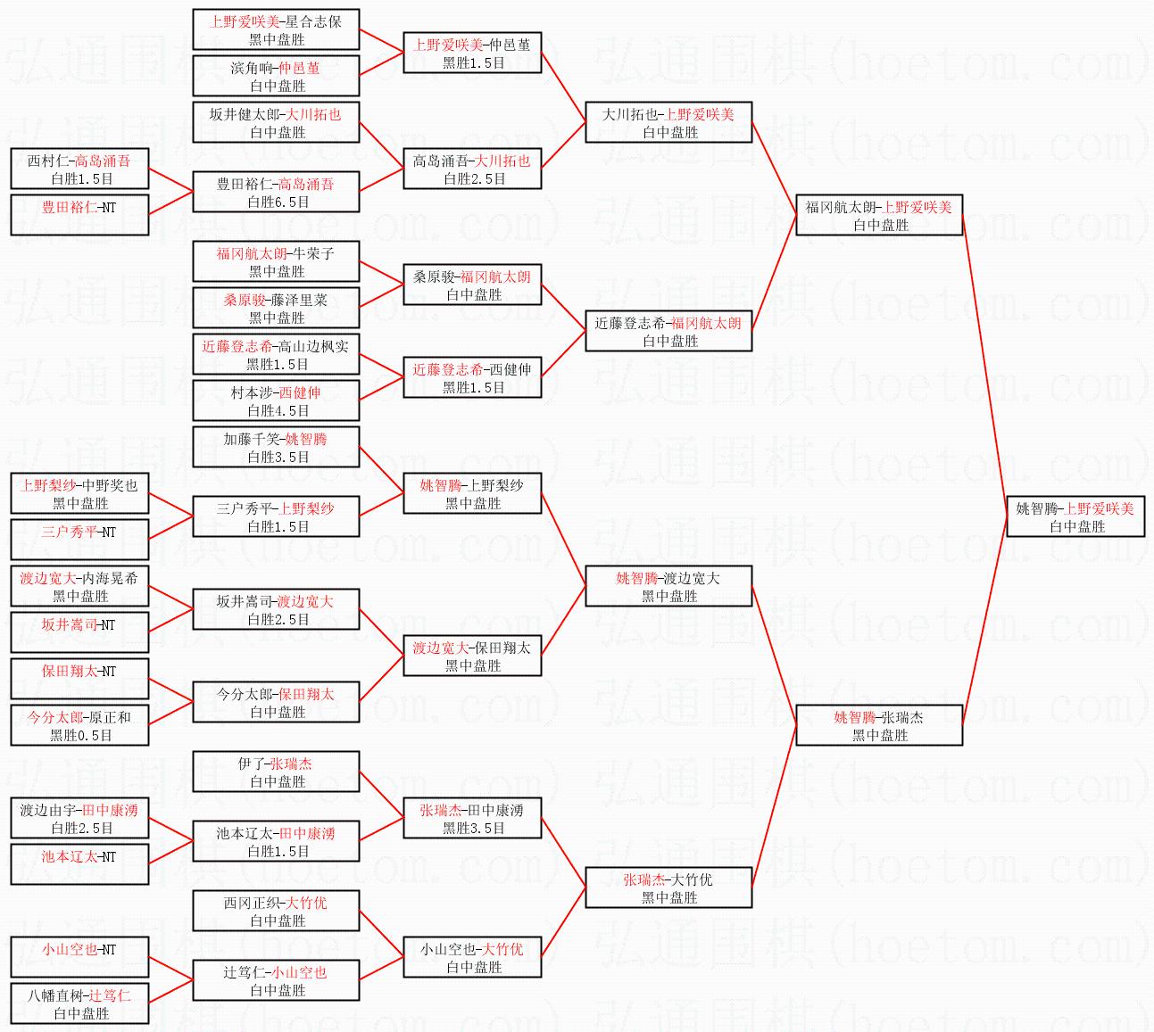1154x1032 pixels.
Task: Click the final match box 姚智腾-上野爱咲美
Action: pos(1075,516)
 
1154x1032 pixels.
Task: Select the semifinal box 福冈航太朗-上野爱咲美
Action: pos(879,215)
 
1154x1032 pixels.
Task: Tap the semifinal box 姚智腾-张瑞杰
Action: pos(879,724)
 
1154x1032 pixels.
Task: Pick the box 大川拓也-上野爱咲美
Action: pos(668,122)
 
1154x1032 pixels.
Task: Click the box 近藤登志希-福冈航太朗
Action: pos(668,331)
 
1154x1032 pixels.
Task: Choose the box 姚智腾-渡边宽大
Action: pos(668,586)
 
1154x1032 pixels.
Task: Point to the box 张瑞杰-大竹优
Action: pos(668,888)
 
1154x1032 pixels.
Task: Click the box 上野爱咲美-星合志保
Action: pos(276,29)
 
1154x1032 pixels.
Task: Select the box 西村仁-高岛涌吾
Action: pos(79,169)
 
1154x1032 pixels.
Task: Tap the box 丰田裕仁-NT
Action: pos(79,215)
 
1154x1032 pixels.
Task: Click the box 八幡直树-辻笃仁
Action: pos(79,1003)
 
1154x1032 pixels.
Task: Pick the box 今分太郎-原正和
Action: pos(79,724)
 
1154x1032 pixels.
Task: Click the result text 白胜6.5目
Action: pos(278,202)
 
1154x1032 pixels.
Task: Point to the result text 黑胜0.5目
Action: pos(81,735)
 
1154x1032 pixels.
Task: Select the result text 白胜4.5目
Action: pos(278,410)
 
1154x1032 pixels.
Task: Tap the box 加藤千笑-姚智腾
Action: pos(276,447)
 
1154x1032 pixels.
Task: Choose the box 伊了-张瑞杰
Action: pos(276,772)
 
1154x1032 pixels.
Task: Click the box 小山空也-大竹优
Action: pos(472,957)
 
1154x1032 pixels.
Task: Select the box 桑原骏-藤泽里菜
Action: pos(276,308)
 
